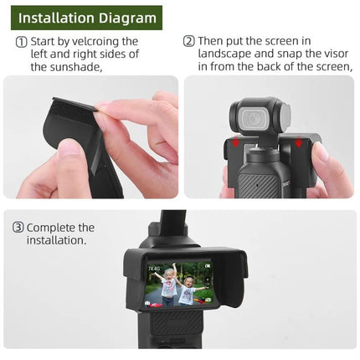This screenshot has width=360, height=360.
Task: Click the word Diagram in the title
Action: click(x=124, y=17)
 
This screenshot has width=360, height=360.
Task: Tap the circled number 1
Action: click(x=21, y=41)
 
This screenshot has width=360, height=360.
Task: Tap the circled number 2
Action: click(x=189, y=41)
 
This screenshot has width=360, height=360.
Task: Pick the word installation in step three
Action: click(x=57, y=240)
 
